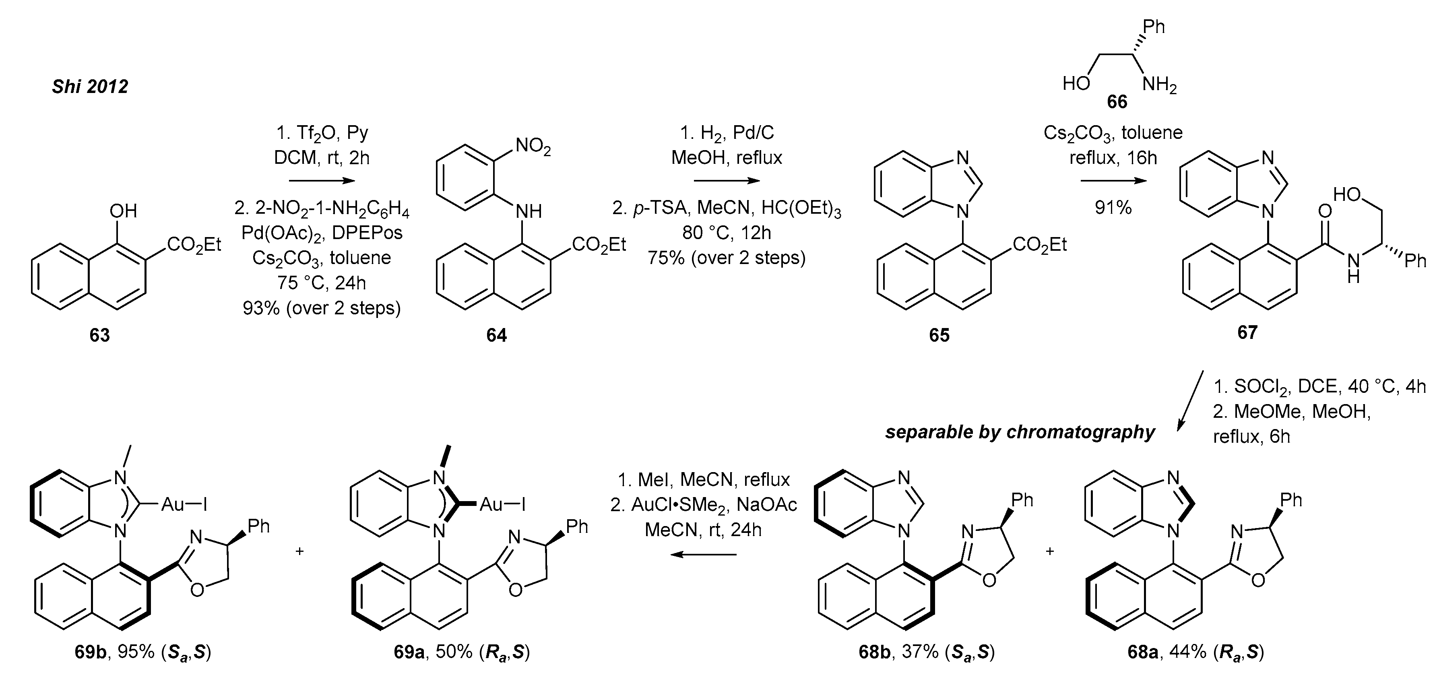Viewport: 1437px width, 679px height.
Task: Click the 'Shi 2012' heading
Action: point(90,87)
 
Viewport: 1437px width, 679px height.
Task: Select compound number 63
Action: point(99,335)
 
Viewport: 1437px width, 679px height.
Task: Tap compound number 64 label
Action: point(496,335)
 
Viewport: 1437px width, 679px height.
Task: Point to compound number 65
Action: point(939,335)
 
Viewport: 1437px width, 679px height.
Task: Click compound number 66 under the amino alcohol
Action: point(1117,102)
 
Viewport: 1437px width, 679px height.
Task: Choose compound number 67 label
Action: point(1247,332)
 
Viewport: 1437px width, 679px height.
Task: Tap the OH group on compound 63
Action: point(123,211)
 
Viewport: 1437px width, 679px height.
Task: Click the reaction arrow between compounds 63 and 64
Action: point(322,181)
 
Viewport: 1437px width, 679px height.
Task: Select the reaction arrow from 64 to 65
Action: point(726,181)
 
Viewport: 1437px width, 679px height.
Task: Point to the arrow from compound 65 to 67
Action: point(1113,181)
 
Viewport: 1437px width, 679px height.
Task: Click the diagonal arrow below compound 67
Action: point(1189,400)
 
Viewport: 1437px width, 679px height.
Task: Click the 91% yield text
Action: point(1113,208)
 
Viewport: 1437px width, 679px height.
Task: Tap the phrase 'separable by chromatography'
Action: point(1020,432)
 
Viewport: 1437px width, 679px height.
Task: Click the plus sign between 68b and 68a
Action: point(1050,551)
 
